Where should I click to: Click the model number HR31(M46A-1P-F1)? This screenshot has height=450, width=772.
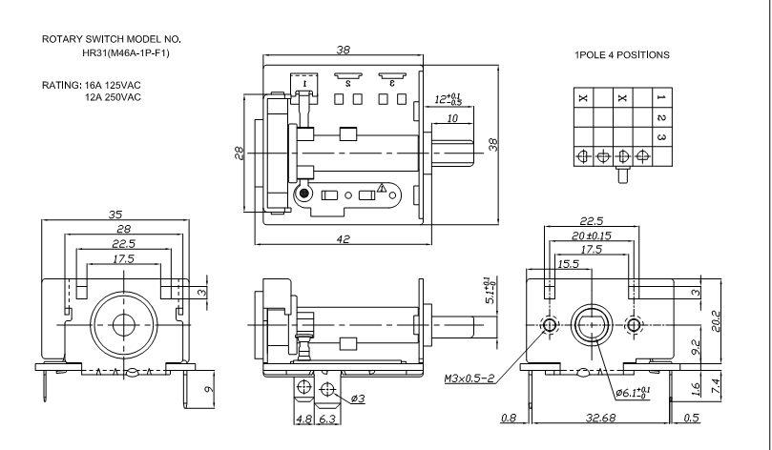coord(126,53)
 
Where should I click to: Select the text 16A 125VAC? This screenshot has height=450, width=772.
coord(113,85)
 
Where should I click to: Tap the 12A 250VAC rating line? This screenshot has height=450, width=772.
coord(113,97)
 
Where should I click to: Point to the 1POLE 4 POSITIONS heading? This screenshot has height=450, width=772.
coord(622,55)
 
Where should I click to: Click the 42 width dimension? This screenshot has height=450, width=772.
coord(344,239)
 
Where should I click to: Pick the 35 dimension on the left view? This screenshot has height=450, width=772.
coord(115,215)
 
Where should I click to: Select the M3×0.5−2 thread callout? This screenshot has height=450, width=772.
coord(469,378)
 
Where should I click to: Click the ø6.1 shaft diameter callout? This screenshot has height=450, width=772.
coord(633,393)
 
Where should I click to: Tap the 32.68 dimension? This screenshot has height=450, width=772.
coord(600,418)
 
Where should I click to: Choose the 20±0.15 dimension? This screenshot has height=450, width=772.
coord(592,235)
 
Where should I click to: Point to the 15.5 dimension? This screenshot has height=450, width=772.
coord(568,264)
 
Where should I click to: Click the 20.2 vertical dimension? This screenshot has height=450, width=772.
coord(716,321)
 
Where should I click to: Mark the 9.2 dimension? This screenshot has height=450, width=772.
coord(697,347)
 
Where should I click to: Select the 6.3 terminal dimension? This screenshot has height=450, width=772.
coord(327,419)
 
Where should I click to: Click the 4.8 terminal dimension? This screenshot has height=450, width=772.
coord(303,419)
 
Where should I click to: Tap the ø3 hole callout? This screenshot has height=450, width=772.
coord(358,399)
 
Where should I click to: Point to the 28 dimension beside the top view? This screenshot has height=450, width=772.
coord(240,153)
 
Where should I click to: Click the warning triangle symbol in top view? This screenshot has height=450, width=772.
coord(382,188)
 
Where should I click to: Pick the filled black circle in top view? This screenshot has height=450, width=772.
coord(304,194)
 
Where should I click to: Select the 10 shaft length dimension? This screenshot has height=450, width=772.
coord(452,118)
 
